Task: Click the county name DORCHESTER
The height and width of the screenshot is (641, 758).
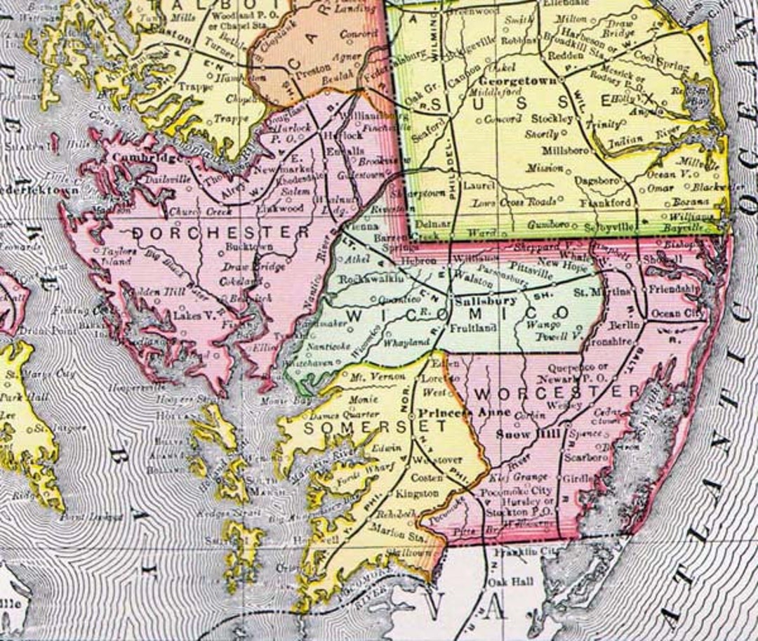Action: (x=220, y=232)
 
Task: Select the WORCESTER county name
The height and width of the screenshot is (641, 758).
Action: (x=557, y=390)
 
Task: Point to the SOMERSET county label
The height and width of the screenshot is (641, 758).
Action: (x=374, y=426)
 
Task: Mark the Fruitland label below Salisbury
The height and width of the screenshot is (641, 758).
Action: (x=469, y=328)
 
